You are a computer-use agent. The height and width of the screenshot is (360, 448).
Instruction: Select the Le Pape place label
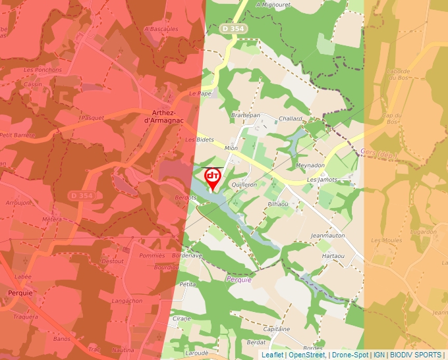(200, 93)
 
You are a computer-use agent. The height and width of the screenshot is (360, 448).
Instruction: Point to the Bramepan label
(246, 115)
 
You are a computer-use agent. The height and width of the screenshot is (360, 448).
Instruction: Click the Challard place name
(291, 118)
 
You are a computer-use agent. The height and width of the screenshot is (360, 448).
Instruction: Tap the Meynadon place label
(311, 165)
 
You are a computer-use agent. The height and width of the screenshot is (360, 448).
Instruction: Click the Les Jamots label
(322, 180)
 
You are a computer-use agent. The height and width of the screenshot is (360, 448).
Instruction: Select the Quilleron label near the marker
(244, 185)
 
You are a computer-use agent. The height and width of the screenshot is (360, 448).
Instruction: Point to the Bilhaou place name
(277, 204)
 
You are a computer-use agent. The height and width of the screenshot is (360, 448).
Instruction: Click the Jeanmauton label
(328, 235)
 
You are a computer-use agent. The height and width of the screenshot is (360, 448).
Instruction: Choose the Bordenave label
(186, 255)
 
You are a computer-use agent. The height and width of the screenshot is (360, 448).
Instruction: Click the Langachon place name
(127, 301)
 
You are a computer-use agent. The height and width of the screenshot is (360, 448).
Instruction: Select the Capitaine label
(277, 328)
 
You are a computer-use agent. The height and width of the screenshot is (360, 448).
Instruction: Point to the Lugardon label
(423, 232)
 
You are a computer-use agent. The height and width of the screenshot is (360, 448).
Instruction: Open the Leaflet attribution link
(272, 355)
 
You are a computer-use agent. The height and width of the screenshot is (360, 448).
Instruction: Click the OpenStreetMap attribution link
(307, 355)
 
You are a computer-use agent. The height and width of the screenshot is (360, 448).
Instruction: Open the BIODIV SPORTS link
(415, 355)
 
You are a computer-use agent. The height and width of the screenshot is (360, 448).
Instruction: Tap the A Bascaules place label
(161, 29)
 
